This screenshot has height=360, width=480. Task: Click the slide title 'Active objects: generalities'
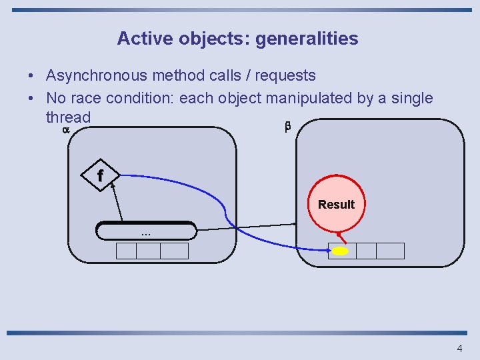click(x=237, y=39)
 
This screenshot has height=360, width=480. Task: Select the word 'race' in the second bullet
click(x=89, y=99)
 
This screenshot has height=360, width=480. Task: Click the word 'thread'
click(x=67, y=117)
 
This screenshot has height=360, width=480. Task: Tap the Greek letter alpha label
click(x=65, y=130)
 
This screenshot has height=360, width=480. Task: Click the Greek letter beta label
click(x=288, y=126)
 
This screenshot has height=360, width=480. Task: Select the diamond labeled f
click(x=100, y=176)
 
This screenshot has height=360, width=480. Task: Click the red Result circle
click(x=336, y=204)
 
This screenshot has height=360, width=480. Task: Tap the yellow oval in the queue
click(x=341, y=251)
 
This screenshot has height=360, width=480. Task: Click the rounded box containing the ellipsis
click(x=146, y=231)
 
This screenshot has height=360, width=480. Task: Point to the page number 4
click(x=459, y=348)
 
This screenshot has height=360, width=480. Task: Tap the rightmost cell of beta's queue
click(x=390, y=251)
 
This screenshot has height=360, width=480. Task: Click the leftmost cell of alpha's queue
click(x=127, y=251)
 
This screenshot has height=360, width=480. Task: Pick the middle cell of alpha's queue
click(x=148, y=251)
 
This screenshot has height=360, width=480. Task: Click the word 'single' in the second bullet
click(x=411, y=99)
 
